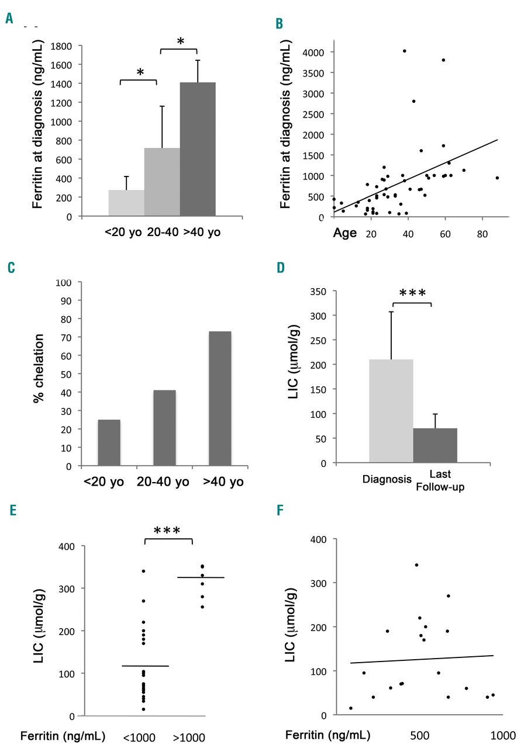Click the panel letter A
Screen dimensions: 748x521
tap(9, 19)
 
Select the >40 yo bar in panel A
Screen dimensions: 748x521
tap(198, 150)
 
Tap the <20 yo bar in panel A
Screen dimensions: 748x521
tap(126, 203)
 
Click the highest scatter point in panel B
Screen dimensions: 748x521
tap(404, 51)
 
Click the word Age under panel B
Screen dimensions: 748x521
tap(344, 234)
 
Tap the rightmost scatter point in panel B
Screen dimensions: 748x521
tap(497, 178)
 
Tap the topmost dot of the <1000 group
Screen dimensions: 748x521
tap(143, 570)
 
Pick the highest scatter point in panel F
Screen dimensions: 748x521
tap(416, 565)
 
